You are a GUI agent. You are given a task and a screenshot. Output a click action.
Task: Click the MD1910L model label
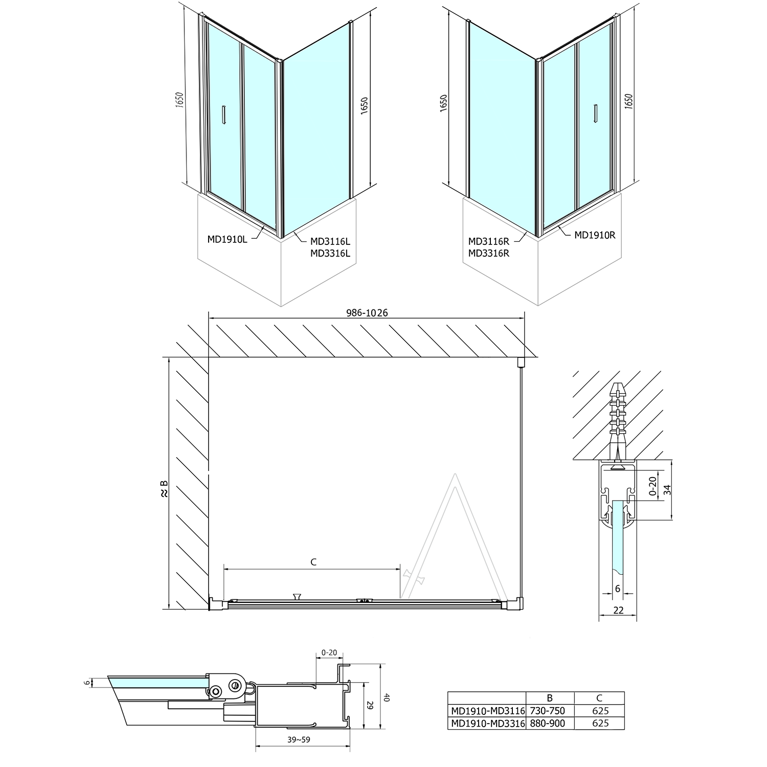(x=227, y=239)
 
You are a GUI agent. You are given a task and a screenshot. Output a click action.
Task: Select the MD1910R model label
(x=595, y=235)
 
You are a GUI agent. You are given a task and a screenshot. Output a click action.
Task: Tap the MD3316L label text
(x=330, y=253)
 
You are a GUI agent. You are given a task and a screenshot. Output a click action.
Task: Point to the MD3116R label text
(x=489, y=241)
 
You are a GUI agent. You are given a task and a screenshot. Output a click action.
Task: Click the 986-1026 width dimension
(x=367, y=313)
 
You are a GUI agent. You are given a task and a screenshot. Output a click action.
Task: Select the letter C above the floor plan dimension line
(x=313, y=562)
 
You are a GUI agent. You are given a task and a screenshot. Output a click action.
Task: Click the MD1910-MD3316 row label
(x=487, y=723)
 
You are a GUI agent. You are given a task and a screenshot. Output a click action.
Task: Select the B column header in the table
(x=550, y=698)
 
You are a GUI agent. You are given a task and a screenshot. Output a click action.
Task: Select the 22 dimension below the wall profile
(x=618, y=610)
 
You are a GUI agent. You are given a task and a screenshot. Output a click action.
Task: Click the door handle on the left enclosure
(x=223, y=114)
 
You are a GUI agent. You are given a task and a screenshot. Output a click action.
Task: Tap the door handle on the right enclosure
(x=595, y=114)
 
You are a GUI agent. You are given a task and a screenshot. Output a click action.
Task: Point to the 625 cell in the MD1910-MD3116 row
(x=600, y=711)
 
